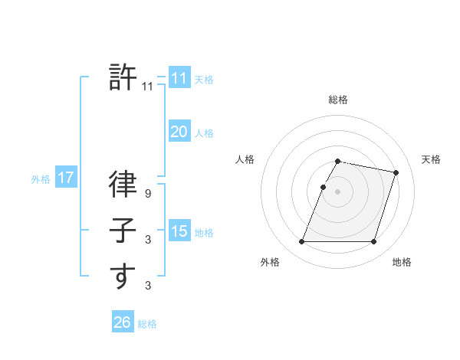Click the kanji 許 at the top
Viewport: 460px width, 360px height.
tap(123, 77)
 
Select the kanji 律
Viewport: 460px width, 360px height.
tap(123, 186)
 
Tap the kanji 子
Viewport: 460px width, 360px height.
tap(123, 231)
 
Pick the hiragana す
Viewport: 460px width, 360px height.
tap(123, 276)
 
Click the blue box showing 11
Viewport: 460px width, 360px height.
tap(179, 78)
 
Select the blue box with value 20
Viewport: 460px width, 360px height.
tap(179, 132)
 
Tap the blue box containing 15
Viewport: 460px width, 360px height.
tap(179, 231)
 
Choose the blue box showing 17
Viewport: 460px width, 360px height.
tap(66, 178)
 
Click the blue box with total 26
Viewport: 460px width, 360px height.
tap(122, 322)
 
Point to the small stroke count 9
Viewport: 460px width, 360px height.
tap(148, 195)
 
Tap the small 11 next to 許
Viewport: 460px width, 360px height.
tap(148, 87)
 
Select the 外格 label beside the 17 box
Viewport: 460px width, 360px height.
tap(41, 179)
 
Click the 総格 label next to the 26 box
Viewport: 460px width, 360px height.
tap(147, 324)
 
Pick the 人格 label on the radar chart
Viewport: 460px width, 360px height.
tap(245, 159)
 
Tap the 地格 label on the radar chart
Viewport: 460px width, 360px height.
tap(402, 262)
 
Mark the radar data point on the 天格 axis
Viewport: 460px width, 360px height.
tap(396, 173)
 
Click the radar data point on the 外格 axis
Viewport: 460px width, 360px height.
tap(302, 242)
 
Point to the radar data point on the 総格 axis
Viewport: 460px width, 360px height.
tap(338, 162)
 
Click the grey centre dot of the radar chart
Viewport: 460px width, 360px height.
tap(338, 192)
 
